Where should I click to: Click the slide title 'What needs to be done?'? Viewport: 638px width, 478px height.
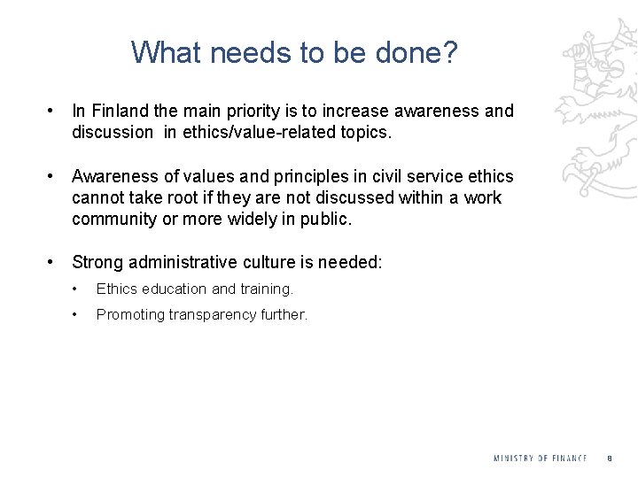tap(294, 52)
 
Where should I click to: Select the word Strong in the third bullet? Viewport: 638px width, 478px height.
tap(97, 262)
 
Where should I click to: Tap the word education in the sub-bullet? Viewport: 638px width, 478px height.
tap(172, 289)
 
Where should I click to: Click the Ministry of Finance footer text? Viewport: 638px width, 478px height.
tap(540, 458)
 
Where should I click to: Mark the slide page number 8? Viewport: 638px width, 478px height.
tap(610, 458)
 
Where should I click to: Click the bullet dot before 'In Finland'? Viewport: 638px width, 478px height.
tap(54, 112)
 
